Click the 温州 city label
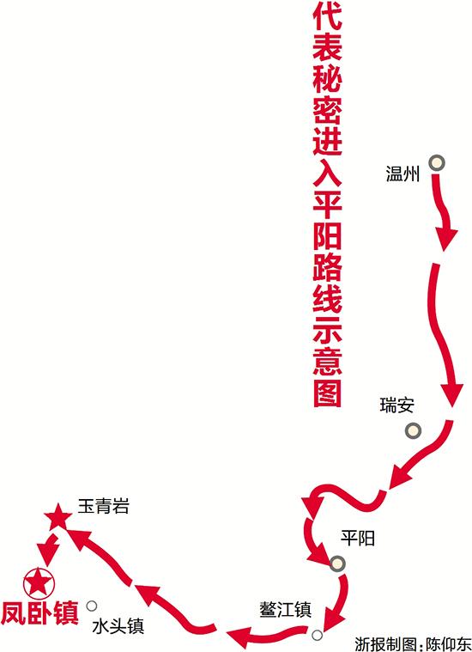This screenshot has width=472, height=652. point(402,174)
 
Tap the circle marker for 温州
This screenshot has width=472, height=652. point(437,163)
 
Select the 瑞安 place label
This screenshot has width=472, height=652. point(396,405)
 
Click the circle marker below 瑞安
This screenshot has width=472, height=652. point(413,430)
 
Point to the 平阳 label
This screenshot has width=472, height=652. point(358,538)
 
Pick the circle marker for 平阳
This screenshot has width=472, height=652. point(337,564)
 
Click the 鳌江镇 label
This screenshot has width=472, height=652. point(286,610)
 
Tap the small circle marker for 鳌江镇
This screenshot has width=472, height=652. point(317,635)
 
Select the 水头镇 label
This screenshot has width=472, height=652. point(118,626)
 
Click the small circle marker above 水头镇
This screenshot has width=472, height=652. point(92,606)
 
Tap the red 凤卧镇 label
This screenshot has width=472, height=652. point(39,612)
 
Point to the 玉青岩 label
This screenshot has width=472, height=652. point(104,507)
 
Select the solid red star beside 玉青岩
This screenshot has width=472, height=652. point(57,517)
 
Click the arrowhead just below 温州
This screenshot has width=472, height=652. point(446,238)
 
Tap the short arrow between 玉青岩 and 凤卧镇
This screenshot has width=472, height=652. point(49,550)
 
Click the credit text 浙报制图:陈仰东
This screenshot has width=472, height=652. point(413,643)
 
